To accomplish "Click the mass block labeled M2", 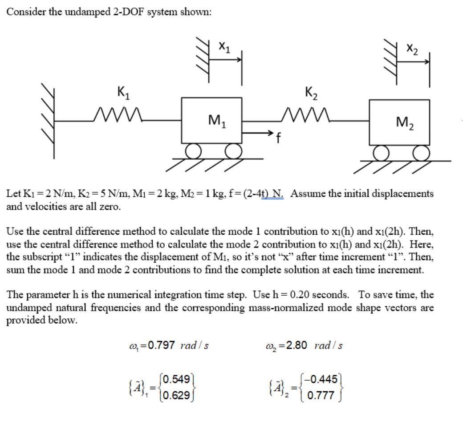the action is pyautogui.click(x=399, y=123).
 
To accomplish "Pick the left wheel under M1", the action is pyautogui.click(x=194, y=152).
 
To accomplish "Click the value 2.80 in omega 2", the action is pyautogui.click(x=293, y=345).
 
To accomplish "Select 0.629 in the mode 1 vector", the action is pyautogui.click(x=178, y=394).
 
